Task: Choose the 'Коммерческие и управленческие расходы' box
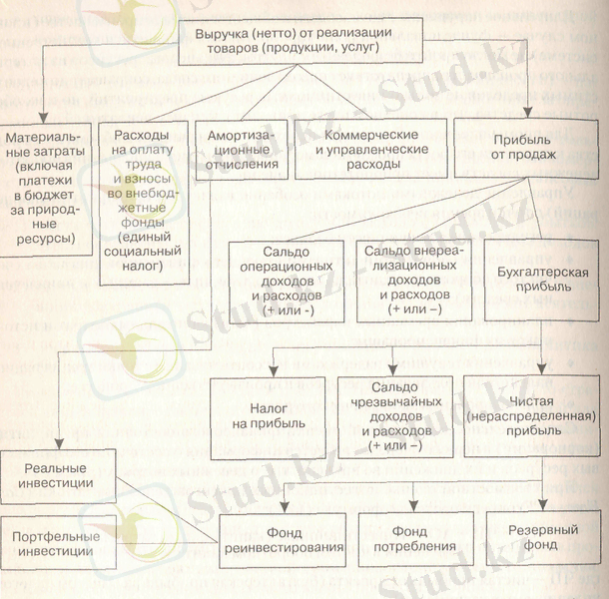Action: pos(365,149)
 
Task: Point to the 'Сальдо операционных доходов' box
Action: pos(286,280)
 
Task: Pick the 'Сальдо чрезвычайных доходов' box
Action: pos(399,416)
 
